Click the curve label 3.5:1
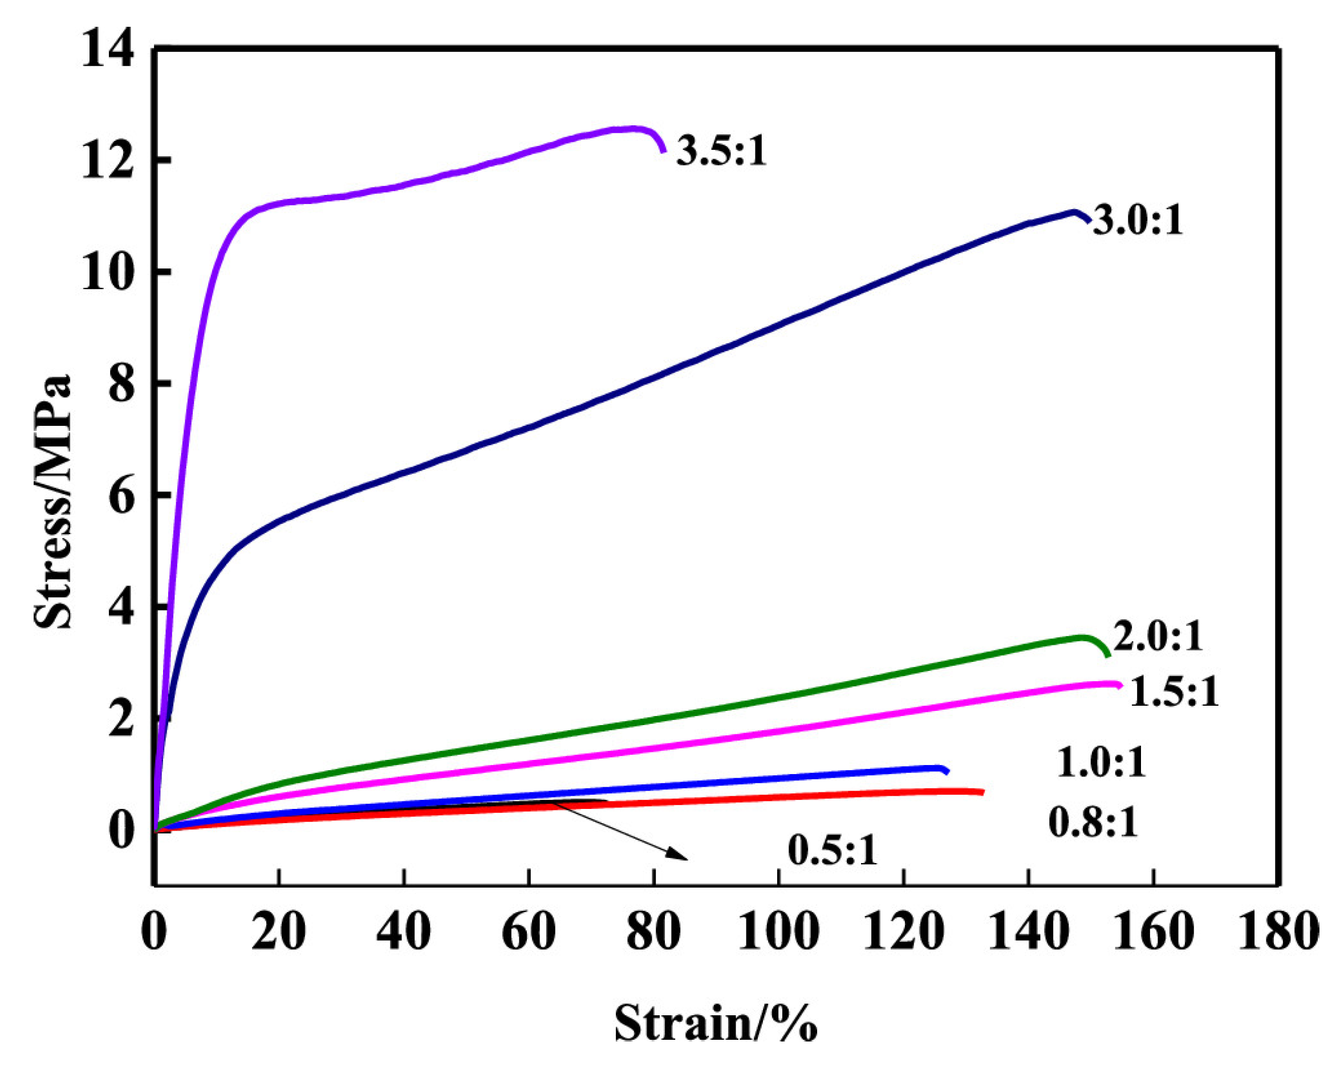click(x=721, y=151)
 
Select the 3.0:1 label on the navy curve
click(x=1138, y=221)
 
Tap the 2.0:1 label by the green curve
click(x=1158, y=637)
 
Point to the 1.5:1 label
click(x=1174, y=692)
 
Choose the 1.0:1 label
click(x=1101, y=763)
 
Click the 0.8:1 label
click(x=1093, y=823)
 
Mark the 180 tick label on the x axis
click(x=1278, y=932)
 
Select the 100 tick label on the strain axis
click(x=778, y=932)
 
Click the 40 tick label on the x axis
click(x=403, y=932)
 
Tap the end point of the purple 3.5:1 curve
click(x=664, y=151)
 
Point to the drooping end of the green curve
click(x=1107, y=655)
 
